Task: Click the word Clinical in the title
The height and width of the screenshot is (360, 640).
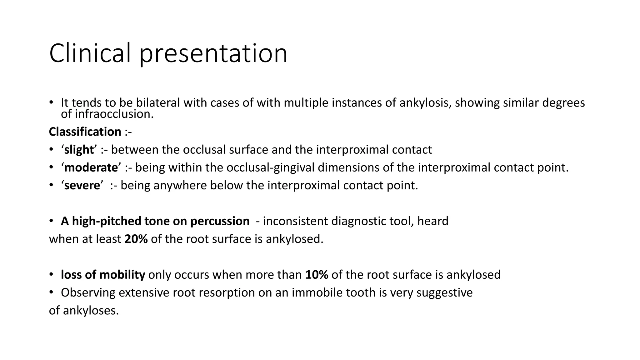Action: click(90, 53)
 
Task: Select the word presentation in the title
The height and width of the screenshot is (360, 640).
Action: click(213, 54)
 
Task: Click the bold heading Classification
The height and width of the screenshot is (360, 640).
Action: click(85, 132)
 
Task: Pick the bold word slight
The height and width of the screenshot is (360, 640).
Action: click(79, 150)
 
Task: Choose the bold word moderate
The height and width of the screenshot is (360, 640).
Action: click(91, 168)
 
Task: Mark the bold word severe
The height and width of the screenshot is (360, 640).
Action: click(82, 186)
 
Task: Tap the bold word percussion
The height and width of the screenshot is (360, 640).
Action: click(220, 221)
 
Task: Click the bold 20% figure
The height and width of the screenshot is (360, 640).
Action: click(136, 239)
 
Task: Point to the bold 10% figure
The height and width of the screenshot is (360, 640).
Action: click(317, 275)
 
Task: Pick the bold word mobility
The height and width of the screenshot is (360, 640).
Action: click(122, 275)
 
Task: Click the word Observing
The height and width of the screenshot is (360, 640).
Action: click(88, 293)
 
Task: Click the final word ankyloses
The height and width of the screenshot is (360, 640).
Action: click(91, 311)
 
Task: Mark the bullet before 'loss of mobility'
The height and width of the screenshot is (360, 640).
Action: click(51, 275)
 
